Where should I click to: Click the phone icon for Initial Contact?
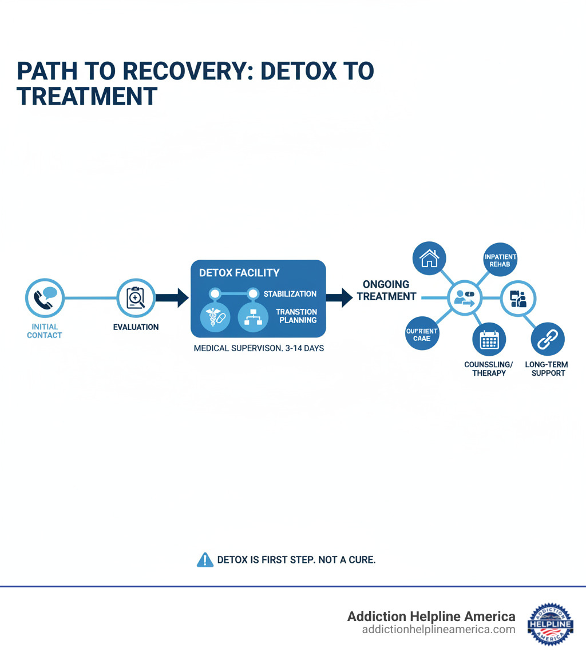[x=44, y=297]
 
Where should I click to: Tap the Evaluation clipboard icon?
[x=136, y=297]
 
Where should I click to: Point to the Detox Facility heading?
[x=239, y=273]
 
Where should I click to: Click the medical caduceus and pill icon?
[x=215, y=319]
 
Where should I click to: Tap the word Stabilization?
[x=290, y=294]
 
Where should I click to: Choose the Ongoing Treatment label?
[x=386, y=291]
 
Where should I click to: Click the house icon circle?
[x=429, y=259]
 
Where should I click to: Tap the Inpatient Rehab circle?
[x=500, y=261]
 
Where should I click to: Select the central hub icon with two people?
[x=464, y=297]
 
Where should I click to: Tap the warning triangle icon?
[x=204, y=560]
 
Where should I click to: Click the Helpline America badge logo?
[x=550, y=623]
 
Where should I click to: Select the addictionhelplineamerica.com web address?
[x=438, y=630]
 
